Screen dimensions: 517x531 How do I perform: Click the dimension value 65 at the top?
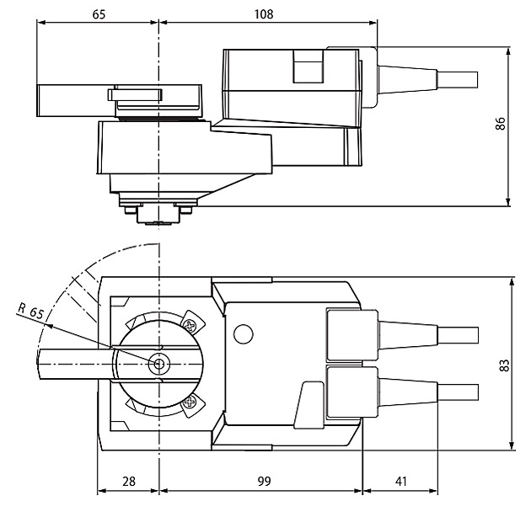99,14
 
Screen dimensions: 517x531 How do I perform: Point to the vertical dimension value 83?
504,365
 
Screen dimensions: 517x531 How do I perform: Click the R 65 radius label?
31,311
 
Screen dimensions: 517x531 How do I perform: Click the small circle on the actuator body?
243,334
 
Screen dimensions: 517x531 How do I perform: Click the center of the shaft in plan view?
158,365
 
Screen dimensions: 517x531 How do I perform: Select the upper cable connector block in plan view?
344,333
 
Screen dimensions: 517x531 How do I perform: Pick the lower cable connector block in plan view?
344,394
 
